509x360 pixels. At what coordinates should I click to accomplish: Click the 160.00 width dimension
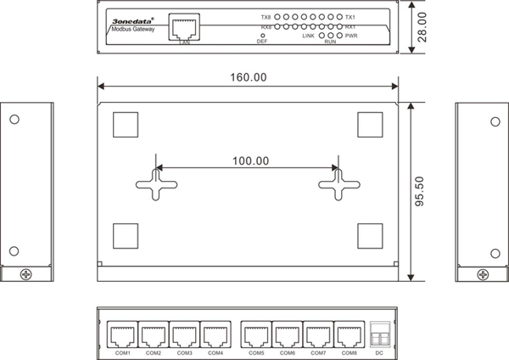(x=249, y=77)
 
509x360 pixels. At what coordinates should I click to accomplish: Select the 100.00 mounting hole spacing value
(x=250, y=160)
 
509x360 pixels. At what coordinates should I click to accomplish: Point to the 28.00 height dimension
(x=422, y=27)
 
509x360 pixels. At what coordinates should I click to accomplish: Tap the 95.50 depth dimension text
(x=419, y=191)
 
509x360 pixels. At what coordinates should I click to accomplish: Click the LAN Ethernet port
(x=184, y=27)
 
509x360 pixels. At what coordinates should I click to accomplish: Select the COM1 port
(x=122, y=335)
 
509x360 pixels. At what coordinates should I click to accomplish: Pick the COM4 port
(x=215, y=335)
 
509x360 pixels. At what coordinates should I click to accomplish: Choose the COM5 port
(x=256, y=335)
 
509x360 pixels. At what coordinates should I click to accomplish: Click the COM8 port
(x=350, y=335)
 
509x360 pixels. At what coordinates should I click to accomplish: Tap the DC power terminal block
(x=380, y=335)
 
